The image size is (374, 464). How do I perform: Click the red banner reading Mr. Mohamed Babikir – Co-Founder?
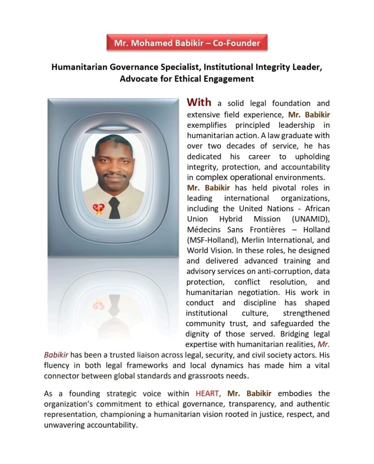pyautogui.click(x=187, y=43)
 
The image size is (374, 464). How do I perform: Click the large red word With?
pyautogui.click(x=199, y=102)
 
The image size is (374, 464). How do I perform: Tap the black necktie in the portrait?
pyautogui.click(x=114, y=207)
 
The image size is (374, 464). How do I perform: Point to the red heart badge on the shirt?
pyautogui.click(x=98, y=209)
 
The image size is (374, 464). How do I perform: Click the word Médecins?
pyautogui.click(x=204, y=229)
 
